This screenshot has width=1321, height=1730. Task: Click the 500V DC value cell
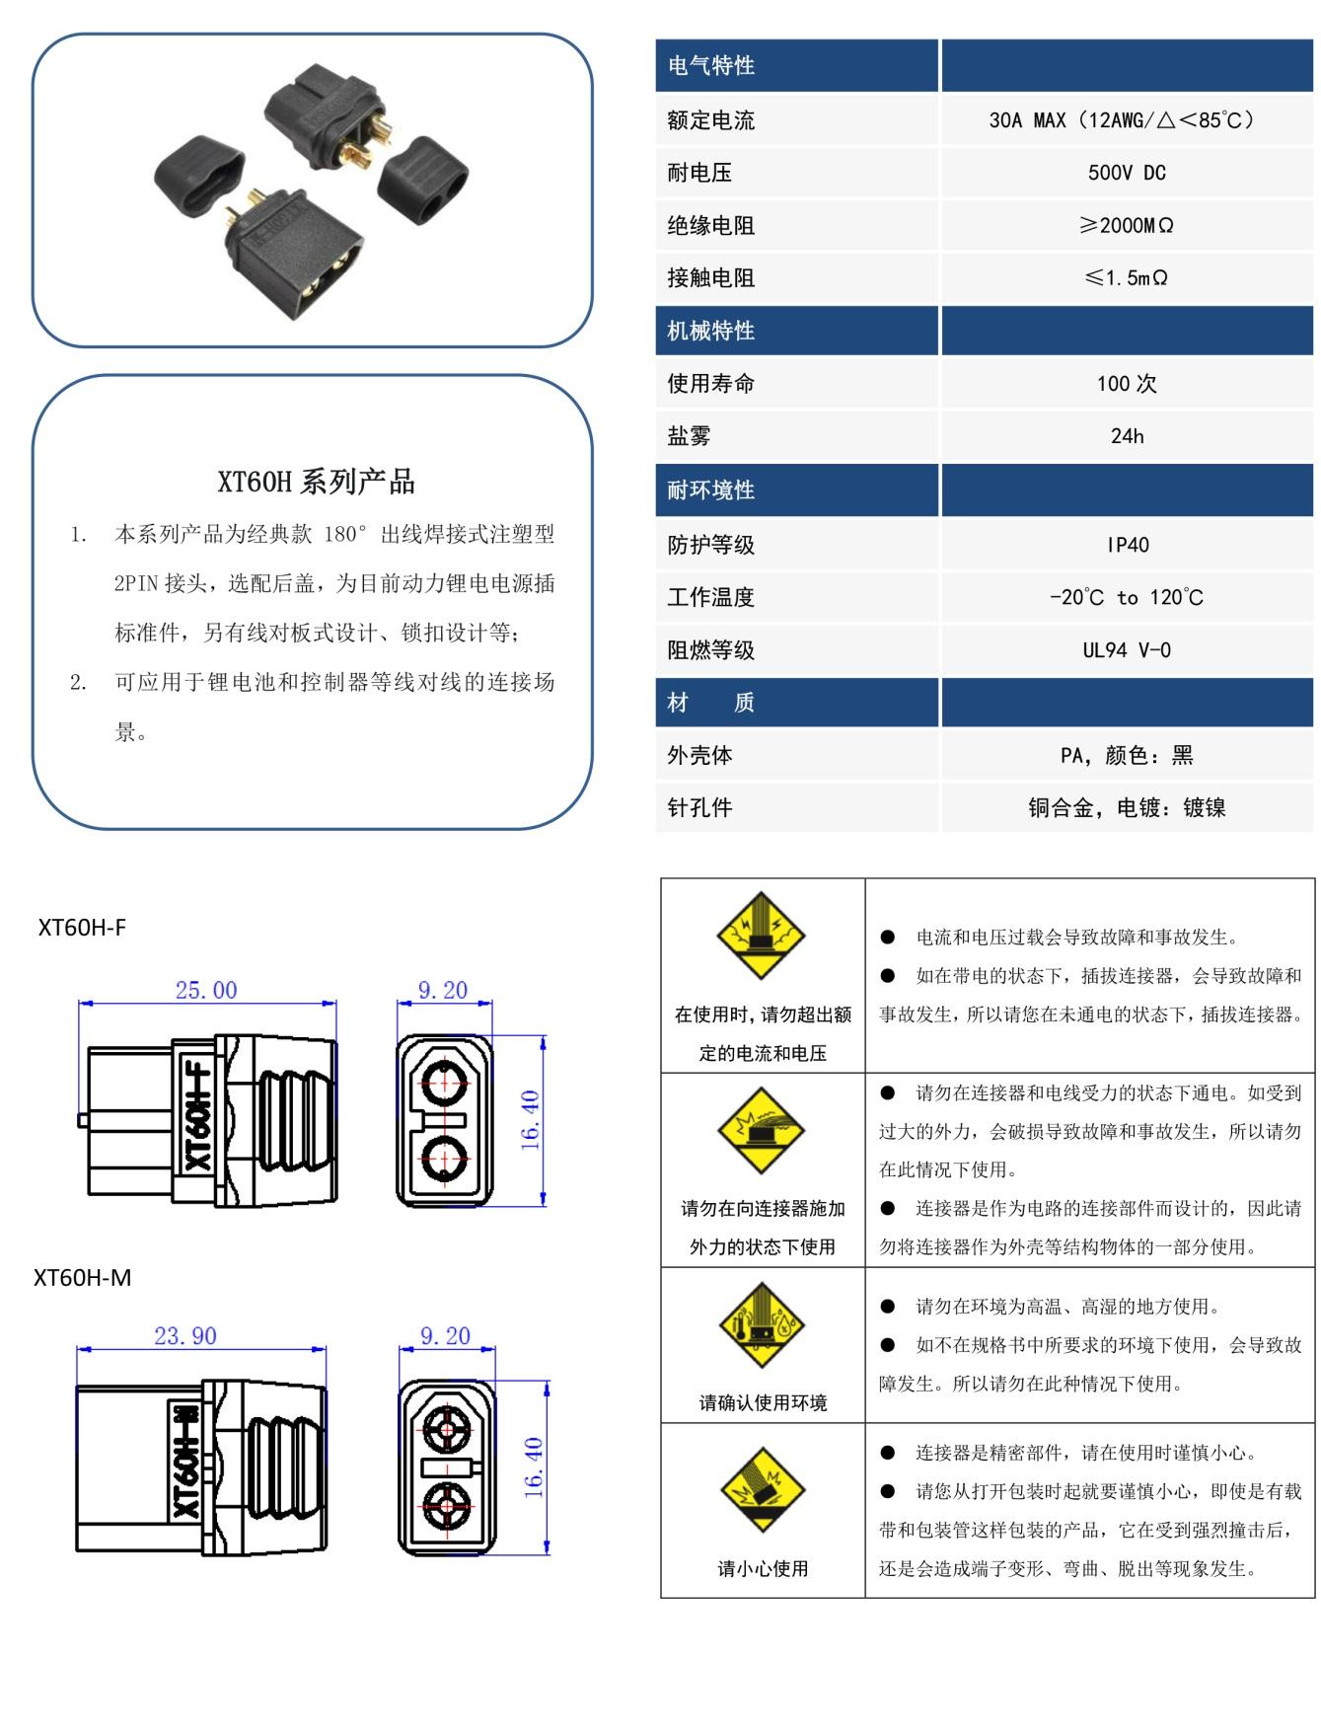tap(1127, 173)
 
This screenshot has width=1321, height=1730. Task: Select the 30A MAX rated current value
tap(1126, 120)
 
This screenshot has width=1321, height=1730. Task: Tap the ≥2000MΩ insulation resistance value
tap(1127, 226)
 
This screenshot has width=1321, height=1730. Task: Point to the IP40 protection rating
tap(1127, 545)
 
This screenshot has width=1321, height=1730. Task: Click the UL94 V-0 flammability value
tap(1127, 650)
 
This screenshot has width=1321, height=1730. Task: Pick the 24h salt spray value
tap(1127, 436)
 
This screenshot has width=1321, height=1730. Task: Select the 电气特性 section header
tap(711, 66)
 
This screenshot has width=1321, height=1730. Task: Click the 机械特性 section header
tap(711, 332)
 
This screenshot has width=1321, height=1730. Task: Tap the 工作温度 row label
tap(711, 597)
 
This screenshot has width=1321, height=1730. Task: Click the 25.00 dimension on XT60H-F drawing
tap(206, 991)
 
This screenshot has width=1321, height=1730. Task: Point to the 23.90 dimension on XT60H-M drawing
tap(185, 1336)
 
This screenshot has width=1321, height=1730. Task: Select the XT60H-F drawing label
tap(82, 928)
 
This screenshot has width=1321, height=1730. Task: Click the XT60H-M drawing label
tap(83, 1278)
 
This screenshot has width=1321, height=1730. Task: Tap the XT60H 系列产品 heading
tap(316, 483)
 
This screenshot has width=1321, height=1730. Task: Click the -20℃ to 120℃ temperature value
tap(1127, 597)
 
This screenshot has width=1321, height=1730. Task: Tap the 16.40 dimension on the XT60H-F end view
tap(531, 1120)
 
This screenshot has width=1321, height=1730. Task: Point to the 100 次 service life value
tap(1127, 384)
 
